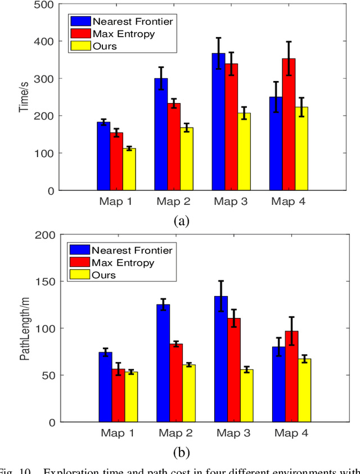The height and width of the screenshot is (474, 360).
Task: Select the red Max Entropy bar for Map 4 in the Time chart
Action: click(x=289, y=124)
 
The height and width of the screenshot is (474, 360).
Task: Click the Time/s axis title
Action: click(x=24, y=97)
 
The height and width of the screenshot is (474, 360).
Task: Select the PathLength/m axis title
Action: click(x=24, y=329)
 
